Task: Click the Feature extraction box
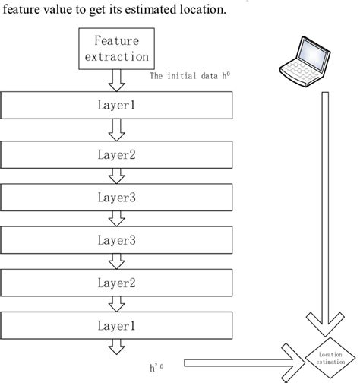[x=117, y=49]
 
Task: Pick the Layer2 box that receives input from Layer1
[x=116, y=154]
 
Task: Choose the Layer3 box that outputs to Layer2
[x=116, y=241]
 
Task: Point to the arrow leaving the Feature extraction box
[x=117, y=78]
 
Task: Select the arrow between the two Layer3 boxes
[x=117, y=219]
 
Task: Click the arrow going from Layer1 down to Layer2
[x=117, y=131]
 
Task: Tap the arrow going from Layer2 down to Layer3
[x=117, y=176]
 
